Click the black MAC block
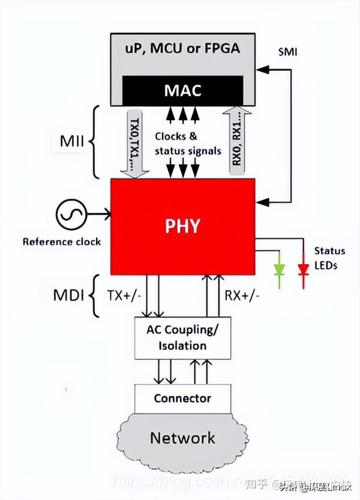click(182, 91)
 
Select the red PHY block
click(182, 226)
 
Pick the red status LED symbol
click(303, 268)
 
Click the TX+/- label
click(123, 295)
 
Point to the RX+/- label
click(241, 295)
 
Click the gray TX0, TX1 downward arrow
click(137, 143)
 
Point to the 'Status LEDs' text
click(330, 258)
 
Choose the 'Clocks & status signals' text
click(184, 143)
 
